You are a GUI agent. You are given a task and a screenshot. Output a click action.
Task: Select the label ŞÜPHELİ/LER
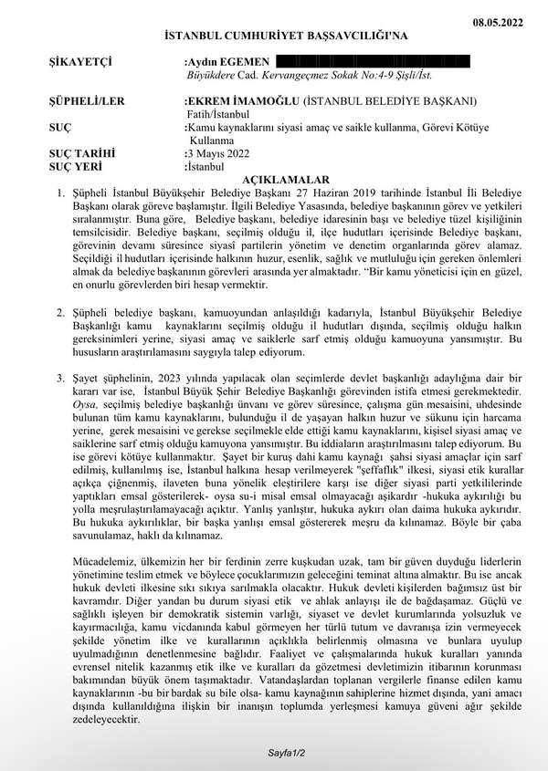pyautogui.click(x=88, y=100)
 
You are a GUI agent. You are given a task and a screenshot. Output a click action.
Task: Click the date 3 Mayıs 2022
pyautogui.click(x=218, y=154)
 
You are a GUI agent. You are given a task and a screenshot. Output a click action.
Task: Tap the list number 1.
pyautogui.click(x=61, y=193)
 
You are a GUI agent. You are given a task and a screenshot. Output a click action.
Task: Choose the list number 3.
pyautogui.click(x=61, y=377)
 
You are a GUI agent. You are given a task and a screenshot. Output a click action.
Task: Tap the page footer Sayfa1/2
pyautogui.click(x=287, y=754)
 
